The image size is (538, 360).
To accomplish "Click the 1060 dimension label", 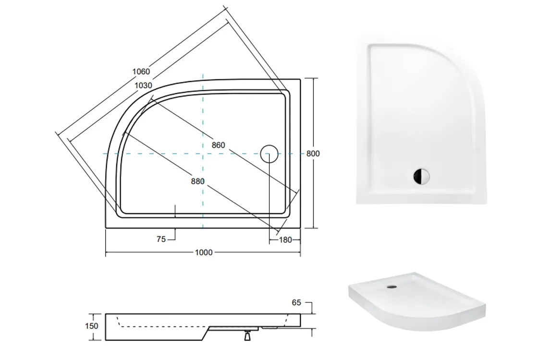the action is coord(141,72).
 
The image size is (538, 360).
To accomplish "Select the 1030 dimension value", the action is coord(143,85).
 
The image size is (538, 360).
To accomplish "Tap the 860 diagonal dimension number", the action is coord(218,145).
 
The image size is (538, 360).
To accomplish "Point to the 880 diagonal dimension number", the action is coord(197,181).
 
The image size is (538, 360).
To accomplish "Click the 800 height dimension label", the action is coord(313,154).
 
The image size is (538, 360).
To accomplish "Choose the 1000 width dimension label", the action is coord(204,252).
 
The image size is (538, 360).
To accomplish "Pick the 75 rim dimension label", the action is coord(161,240).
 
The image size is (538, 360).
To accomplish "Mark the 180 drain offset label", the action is coord(285,240).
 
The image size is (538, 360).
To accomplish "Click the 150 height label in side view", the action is coord(92,326).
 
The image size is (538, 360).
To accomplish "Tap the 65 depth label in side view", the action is coord(296,302).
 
